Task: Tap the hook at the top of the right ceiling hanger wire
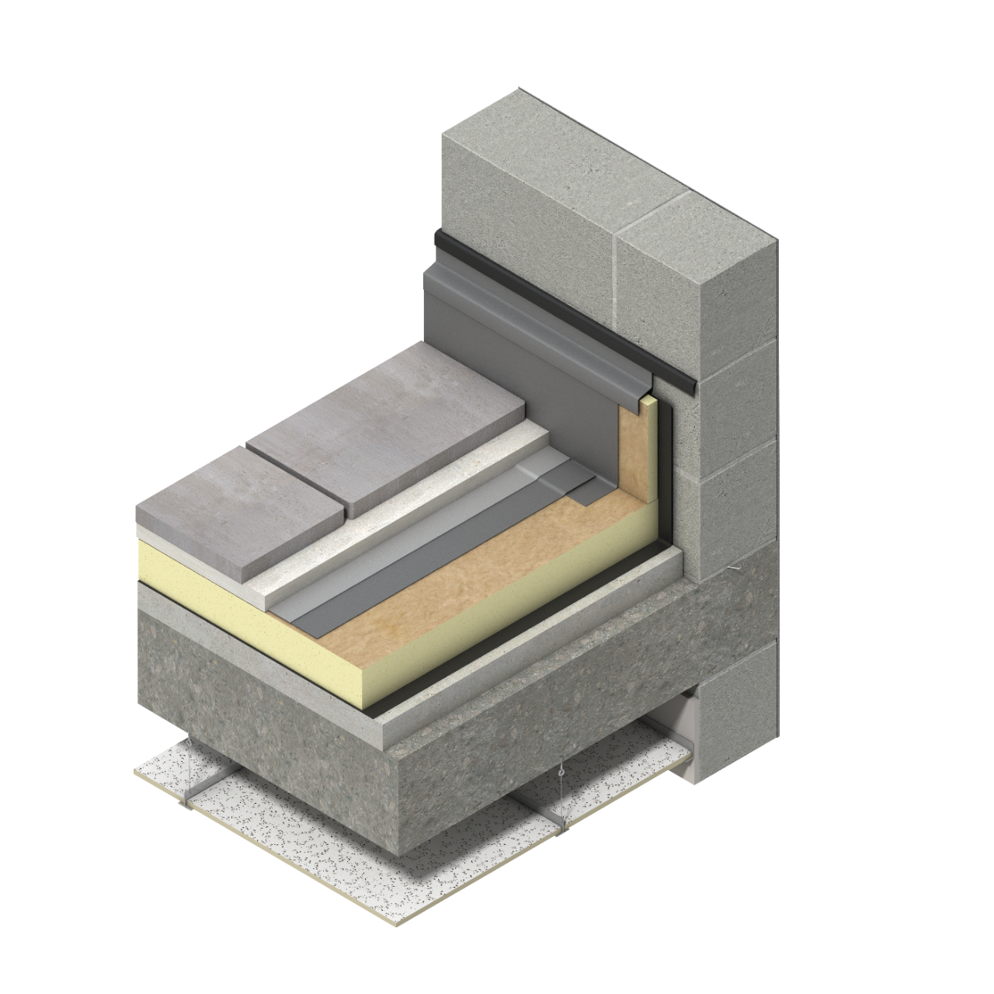coord(559,773)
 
